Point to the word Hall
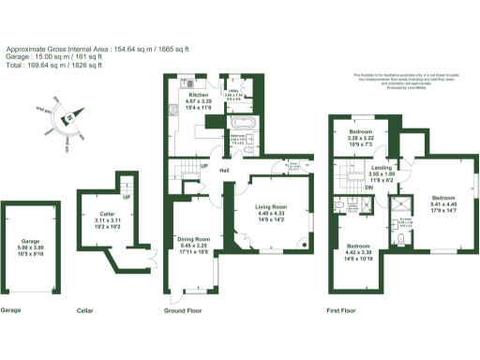click(x=225, y=170)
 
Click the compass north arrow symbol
click(x=67, y=118)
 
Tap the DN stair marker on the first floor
click(x=367, y=187)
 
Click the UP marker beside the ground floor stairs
click(x=203, y=166)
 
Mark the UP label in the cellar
click(x=127, y=198)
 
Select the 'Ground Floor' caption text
click(x=184, y=309)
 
